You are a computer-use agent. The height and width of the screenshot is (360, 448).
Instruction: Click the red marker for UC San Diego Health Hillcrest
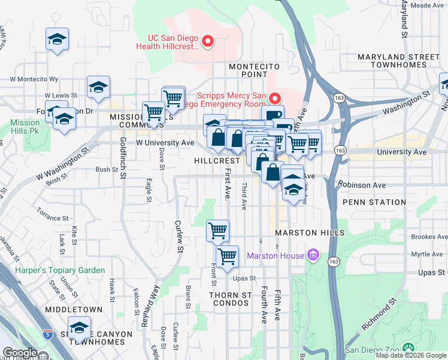[208, 41]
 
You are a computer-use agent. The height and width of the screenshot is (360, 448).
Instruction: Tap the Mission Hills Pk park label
[25, 127]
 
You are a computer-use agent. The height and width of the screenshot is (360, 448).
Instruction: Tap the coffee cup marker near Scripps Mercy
[273, 116]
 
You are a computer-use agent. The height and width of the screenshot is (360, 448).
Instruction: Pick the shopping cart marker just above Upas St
[227, 257]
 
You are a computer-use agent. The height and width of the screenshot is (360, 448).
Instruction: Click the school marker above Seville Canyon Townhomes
[78, 328]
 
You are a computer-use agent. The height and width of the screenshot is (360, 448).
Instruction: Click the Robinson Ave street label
[362, 185]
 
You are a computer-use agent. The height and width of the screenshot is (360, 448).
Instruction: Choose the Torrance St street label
[50, 215]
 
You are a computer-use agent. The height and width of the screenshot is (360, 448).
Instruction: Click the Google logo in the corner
[19, 353]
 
